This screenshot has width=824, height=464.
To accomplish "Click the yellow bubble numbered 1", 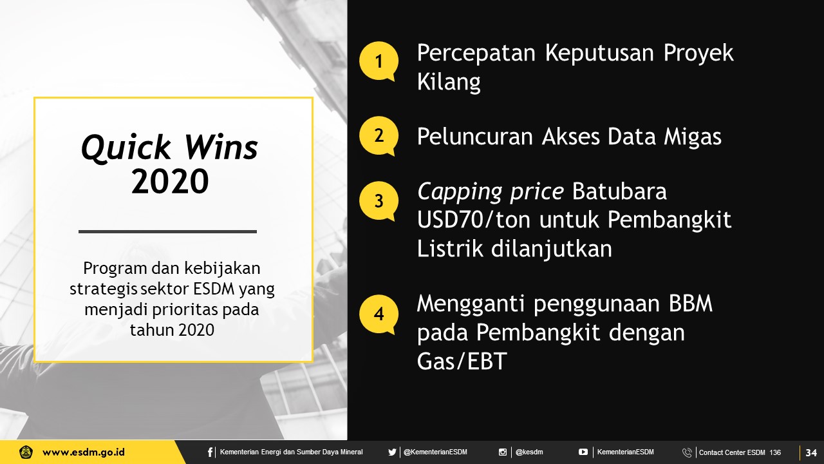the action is [379, 61].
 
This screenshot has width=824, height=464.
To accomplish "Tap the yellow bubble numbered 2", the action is [379, 136].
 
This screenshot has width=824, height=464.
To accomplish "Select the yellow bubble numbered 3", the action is [379, 201].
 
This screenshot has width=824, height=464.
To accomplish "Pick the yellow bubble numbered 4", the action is [379, 314].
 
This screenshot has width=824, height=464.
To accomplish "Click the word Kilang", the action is [449, 82].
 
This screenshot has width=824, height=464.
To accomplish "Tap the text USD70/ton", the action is [474, 220].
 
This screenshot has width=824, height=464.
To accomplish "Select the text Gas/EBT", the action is [462, 361].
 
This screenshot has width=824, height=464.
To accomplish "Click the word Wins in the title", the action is [221, 148].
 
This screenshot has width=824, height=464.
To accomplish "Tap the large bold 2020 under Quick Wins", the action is [170, 181].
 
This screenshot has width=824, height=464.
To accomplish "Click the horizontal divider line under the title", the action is [168, 231].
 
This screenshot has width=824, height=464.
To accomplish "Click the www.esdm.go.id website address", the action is [84, 452].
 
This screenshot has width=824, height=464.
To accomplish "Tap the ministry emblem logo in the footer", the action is [26, 452].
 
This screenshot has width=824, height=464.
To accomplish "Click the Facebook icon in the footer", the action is [210, 452].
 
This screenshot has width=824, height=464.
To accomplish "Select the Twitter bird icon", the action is [392, 452].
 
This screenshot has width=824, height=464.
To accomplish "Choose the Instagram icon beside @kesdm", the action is [503, 452].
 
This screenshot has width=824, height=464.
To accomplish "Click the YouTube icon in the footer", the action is [583, 452].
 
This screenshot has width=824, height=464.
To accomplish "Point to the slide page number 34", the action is [812, 452].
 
